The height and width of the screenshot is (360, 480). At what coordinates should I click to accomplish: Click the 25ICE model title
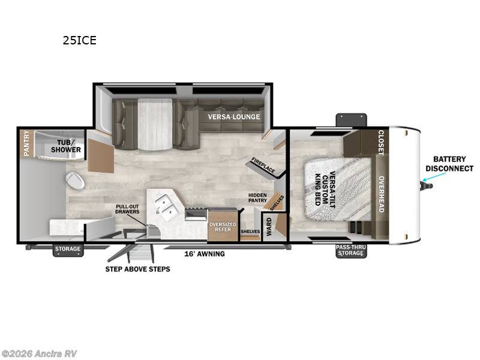click(x=80, y=41)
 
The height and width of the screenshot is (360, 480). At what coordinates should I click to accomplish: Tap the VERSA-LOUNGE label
click(x=234, y=116)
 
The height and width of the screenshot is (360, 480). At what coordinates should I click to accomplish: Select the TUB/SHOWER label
click(x=69, y=146)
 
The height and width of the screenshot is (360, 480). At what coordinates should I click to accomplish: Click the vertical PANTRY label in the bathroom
click(x=26, y=144)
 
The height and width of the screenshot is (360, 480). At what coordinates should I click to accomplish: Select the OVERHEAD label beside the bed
click(x=380, y=194)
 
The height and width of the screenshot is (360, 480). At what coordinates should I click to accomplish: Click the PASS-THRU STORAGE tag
click(x=350, y=250)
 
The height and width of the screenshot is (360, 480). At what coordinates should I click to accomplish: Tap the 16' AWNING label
click(x=204, y=254)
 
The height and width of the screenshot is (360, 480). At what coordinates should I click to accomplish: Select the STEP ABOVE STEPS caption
click(x=137, y=269)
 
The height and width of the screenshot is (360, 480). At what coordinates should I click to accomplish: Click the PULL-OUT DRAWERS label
click(x=127, y=209)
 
